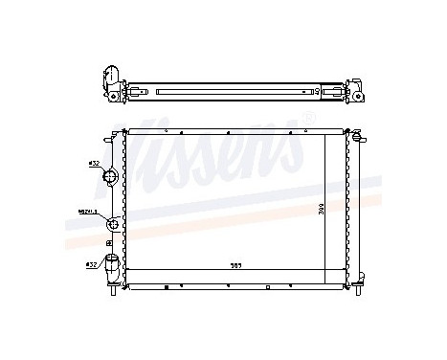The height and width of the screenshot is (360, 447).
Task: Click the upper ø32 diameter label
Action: click(x=94, y=164)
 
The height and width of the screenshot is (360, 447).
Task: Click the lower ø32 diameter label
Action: click(x=91, y=263)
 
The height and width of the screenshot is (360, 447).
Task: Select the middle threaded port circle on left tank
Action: click(x=113, y=224)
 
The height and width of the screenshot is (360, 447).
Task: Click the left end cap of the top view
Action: click(x=109, y=83)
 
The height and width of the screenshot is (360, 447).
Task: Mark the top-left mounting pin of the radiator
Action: click(x=117, y=135)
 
